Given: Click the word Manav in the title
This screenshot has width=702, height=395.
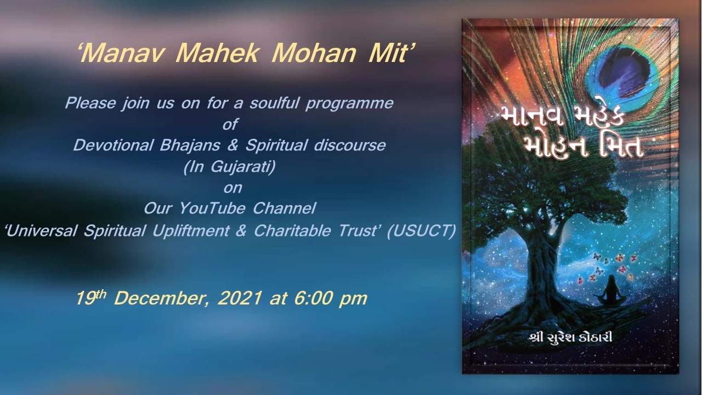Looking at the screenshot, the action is (124, 53).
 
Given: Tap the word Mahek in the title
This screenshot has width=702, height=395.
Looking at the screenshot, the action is (217, 53).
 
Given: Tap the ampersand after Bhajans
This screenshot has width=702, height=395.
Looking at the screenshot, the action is (233, 145).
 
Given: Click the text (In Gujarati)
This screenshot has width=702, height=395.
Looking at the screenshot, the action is (229, 167).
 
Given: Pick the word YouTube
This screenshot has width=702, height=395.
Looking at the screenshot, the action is (212, 208).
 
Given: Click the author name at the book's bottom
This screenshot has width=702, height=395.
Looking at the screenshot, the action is (570, 338).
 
